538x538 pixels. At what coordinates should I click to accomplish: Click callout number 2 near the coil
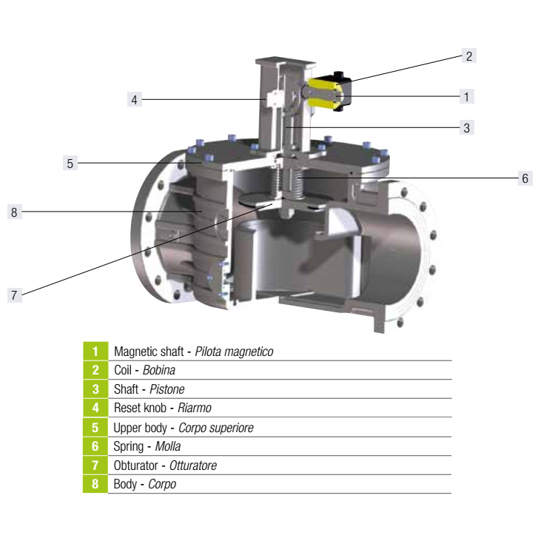(x=468, y=56)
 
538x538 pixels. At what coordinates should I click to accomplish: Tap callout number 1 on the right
(x=467, y=96)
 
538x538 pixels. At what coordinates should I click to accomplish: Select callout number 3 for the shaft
(x=467, y=127)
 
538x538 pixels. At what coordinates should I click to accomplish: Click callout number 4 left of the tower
(x=134, y=99)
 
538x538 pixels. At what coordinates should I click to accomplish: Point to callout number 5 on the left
(x=70, y=163)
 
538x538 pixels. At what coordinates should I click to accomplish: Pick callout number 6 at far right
(x=525, y=178)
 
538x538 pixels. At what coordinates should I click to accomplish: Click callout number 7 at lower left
(x=14, y=295)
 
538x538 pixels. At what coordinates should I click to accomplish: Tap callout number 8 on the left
(x=14, y=212)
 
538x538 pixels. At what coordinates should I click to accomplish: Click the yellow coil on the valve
(x=324, y=93)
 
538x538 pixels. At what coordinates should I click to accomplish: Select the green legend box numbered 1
(x=95, y=351)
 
